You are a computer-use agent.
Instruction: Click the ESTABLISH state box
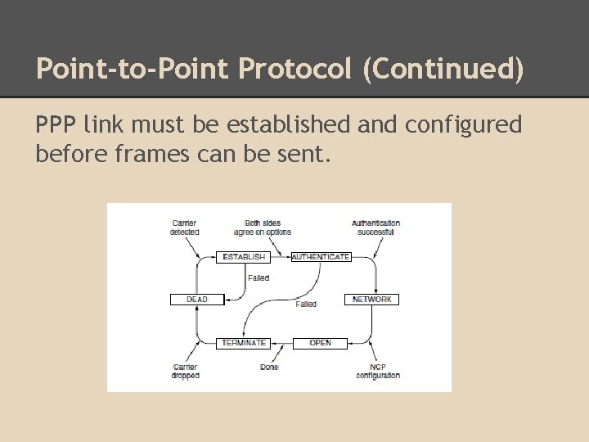coord(244,257)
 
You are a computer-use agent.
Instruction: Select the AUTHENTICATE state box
coord(321,257)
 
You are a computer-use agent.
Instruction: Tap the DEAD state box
coord(197,300)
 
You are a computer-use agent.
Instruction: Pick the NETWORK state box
coord(371,300)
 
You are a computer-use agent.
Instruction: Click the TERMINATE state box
coord(244,343)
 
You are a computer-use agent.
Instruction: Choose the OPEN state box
coord(320,343)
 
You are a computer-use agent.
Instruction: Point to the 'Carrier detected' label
coord(184,228)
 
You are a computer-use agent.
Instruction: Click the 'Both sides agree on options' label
coord(262,228)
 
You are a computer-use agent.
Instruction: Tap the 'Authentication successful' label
coord(375,228)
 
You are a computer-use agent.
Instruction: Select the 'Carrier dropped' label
coord(185,372)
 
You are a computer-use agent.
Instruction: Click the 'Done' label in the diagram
coord(269,368)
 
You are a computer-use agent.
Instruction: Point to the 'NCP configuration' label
coord(378,372)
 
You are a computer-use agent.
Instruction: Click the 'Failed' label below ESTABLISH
coord(259,278)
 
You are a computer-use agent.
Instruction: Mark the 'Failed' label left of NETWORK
coord(306,304)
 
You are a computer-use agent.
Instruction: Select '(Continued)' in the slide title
coord(443,69)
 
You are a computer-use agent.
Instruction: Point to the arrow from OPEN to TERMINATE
coord(282,343)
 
